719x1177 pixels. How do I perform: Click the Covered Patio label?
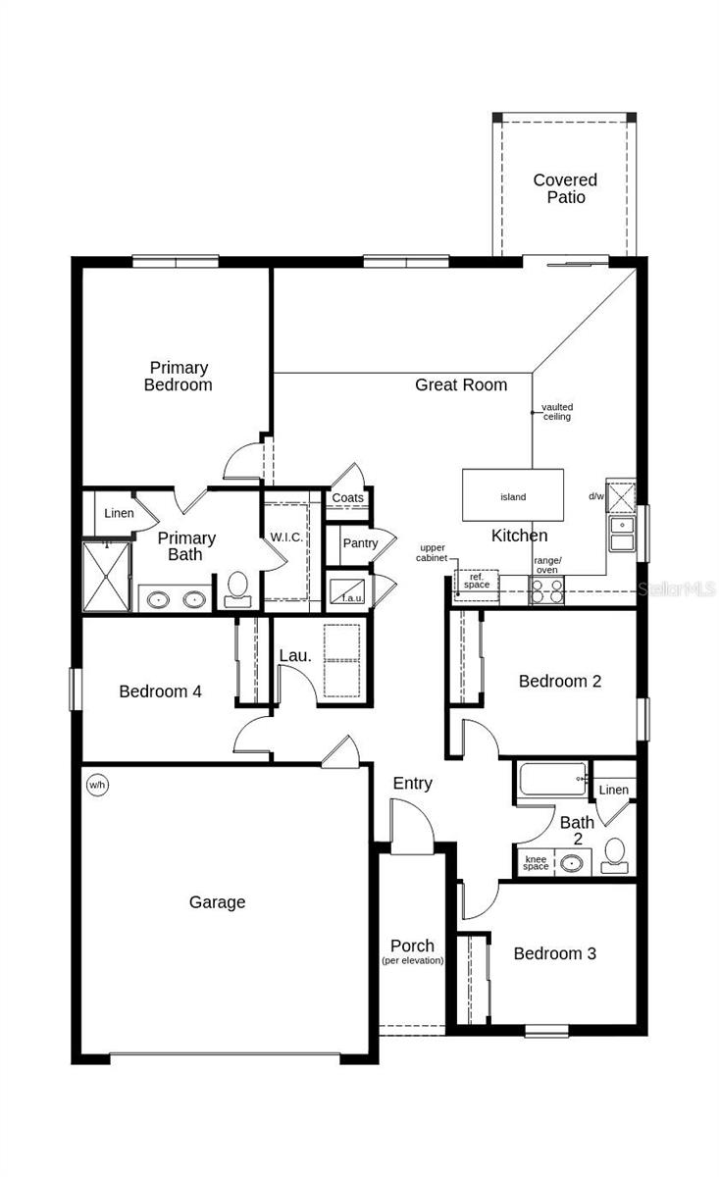click(x=565, y=188)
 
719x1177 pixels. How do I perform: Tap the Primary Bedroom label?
click(x=178, y=377)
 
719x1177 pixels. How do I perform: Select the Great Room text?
click(x=461, y=384)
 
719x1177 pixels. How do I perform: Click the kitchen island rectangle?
click(x=513, y=495)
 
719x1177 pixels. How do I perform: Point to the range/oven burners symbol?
click(x=546, y=590)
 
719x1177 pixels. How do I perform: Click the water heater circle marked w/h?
click(x=97, y=784)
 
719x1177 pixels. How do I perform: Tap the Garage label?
click(x=217, y=902)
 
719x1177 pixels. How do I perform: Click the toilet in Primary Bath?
click(x=237, y=589)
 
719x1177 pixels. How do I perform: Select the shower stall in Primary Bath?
click(x=106, y=575)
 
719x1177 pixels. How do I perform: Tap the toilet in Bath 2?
click(x=615, y=855)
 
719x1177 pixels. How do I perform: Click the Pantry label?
click(x=360, y=543)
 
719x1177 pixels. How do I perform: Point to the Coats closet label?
click(x=347, y=498)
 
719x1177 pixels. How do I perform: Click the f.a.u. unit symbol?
click(x=348, y=591)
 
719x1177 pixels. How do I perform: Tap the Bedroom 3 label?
click(x=554, y=953)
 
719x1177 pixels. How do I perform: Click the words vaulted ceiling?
click(x=556, y=412)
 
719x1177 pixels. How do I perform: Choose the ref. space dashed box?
click(x=477, y=583)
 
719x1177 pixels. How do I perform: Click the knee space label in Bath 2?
click(x=536, y=863)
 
